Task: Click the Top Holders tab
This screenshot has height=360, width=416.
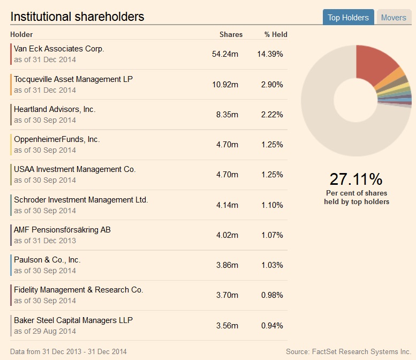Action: point(348,18)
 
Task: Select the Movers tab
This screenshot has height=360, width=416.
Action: point(394,18)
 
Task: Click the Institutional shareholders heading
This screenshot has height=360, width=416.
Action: point(77,17)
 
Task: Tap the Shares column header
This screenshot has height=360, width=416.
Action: point(231,34)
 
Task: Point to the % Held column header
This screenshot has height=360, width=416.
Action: point(276,34)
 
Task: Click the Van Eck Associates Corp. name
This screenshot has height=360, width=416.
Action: point(59,49)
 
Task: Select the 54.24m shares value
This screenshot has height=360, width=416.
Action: point(225,54)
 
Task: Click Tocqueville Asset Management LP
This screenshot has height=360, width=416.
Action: point(73,79)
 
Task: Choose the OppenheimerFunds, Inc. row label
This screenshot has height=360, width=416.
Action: point(57,139)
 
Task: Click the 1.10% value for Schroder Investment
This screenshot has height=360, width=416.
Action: point(272,205)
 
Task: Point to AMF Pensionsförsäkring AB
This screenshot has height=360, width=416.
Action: point(62,230)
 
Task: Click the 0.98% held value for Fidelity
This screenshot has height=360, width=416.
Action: point(272,295)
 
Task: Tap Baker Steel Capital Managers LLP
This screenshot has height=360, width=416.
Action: point(73,320)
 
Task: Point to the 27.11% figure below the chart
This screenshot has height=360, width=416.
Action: point(356,179)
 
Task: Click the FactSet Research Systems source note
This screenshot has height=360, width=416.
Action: point(349,351)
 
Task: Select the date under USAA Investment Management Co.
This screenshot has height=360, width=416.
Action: point(45,180)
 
